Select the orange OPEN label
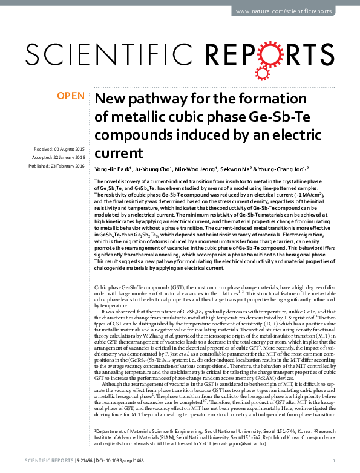(70, 96)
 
